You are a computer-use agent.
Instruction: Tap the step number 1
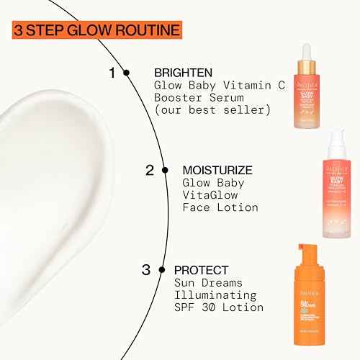pos(112,72)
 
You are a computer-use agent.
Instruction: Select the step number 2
pos(150,171)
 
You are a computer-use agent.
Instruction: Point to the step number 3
pos(146,271)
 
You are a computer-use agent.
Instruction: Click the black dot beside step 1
pos(127,72)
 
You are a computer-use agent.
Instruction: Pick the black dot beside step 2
pos(166,171)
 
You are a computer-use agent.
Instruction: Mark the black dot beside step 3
pos(163,271)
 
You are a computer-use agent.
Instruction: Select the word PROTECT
pos(199,271)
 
